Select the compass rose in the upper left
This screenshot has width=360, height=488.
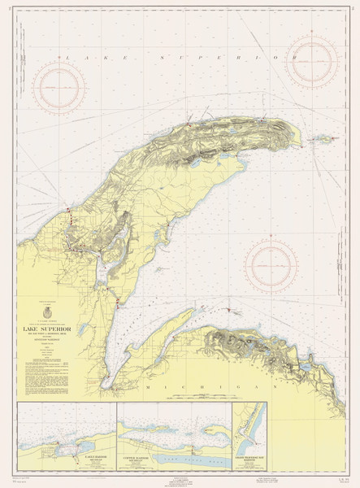[x=59, y=84]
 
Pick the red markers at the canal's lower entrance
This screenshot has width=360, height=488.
[x=119, y=303]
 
